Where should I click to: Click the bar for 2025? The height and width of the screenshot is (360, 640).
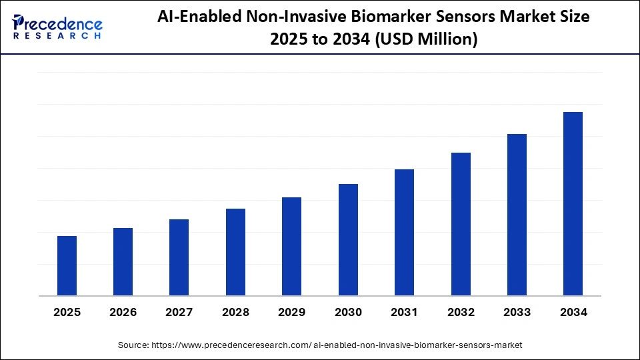coord(67,265)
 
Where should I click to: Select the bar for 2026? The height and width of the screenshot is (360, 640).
coord(123,261)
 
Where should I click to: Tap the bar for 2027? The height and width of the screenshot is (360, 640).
coord(179,257)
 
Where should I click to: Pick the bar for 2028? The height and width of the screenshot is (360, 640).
coord(235,252)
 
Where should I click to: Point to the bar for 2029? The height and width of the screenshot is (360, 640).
coord(291,246)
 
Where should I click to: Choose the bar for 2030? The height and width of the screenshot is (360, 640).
coord(348,239)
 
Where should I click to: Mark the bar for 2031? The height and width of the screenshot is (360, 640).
coord(404,232)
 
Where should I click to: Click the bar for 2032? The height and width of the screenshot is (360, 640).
coord(461,224)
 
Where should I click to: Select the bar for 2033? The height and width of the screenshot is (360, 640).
coord(517,215)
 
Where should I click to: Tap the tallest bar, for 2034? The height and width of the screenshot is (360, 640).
coord(573,203)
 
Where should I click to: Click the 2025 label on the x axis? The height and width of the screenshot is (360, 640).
coord(67,311)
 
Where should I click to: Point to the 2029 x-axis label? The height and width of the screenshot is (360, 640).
coord(291,311)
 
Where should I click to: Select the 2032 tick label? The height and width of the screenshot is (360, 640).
coord(461,311)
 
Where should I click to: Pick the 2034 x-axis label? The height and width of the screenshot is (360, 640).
coord(573,311)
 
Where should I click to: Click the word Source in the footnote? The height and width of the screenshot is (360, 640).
coord(133,345)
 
